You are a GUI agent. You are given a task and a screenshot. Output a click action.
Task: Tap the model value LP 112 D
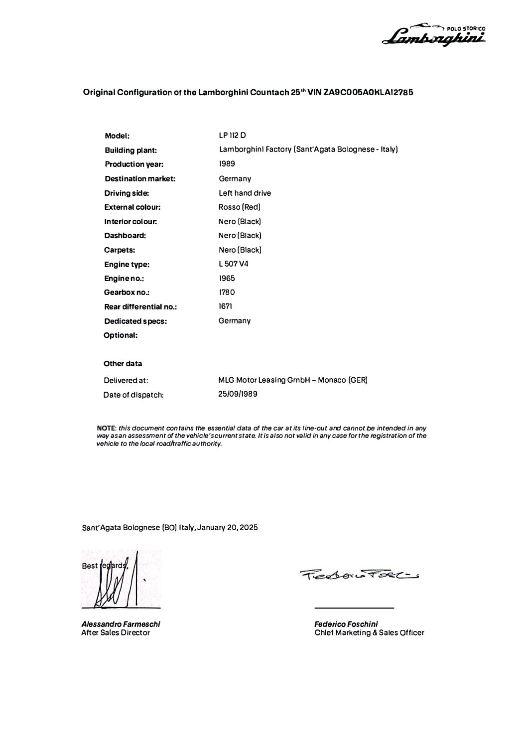(x=232, y=135)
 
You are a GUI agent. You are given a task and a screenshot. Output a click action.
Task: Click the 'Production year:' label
(x=134, y=164)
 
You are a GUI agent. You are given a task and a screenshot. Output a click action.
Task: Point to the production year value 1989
(x=227, y=164)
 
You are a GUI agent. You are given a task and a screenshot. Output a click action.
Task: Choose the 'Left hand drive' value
(x=245, y=193)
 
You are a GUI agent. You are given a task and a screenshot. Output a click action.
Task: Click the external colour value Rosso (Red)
(x=239, y=207)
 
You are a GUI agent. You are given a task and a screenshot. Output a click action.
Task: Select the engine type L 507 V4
(x=233, y=264)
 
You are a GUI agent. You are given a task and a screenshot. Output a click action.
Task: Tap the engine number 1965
(x=227, y=279)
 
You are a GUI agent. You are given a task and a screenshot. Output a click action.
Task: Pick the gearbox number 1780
(x=227, y=293)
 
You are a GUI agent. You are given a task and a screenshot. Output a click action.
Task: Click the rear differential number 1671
(x=225, y=306)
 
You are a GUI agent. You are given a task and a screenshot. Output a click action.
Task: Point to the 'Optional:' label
(x=121, y=335)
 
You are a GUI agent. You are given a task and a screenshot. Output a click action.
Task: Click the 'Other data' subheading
(x=123, y=364)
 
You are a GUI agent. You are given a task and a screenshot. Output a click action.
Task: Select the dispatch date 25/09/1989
(x=238, y=394)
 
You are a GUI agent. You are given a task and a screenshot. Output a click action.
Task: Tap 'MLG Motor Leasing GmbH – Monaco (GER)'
(x=293, y=380)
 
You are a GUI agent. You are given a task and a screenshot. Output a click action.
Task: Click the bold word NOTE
(x=106, y=428)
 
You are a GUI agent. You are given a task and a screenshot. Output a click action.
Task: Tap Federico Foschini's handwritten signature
(x=359, y=575)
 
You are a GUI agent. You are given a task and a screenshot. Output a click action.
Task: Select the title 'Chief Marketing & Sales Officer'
(x=369, y=633)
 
